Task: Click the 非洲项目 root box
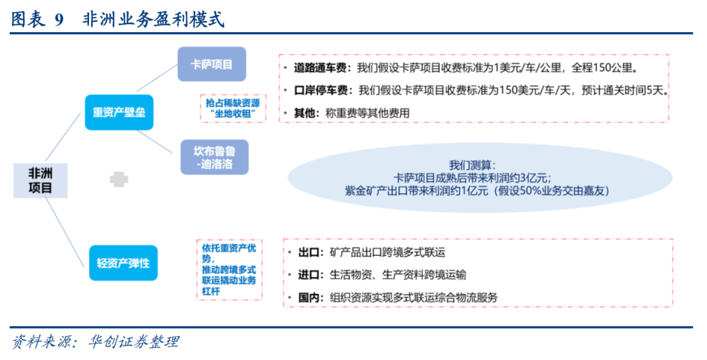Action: [40, 180]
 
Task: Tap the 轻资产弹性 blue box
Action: [123, 263]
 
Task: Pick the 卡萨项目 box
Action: [211, 64]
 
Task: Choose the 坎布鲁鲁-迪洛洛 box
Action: [214, 157]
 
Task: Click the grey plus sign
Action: [118, 179]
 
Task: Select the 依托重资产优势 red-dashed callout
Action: [229, 268]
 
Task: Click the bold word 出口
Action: [308, 252]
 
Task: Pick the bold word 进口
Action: [308, 274]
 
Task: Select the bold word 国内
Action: [308, 297]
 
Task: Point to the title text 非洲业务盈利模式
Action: [153, 20]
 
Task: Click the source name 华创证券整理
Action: [135, 342]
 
